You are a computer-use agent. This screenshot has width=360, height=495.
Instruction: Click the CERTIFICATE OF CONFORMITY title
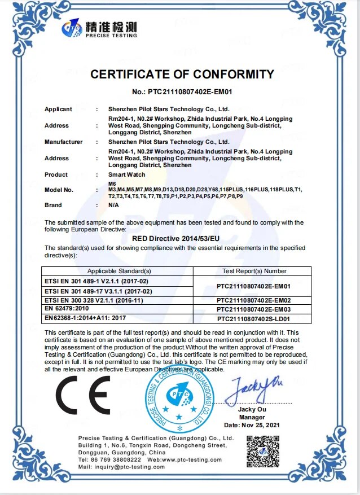[182, 74]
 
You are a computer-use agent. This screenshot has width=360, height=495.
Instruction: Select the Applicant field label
[58, 109]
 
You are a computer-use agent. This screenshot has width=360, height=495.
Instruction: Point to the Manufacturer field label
[63, 142]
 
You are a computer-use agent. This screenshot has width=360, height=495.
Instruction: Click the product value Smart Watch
[124, 174]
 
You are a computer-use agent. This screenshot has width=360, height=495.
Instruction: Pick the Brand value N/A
[114, 205]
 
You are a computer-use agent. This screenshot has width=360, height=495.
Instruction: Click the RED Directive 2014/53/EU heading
[179, 239]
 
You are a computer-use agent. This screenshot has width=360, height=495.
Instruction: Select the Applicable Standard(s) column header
[119, 271]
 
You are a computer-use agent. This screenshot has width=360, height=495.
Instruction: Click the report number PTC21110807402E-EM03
[252, 310]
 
